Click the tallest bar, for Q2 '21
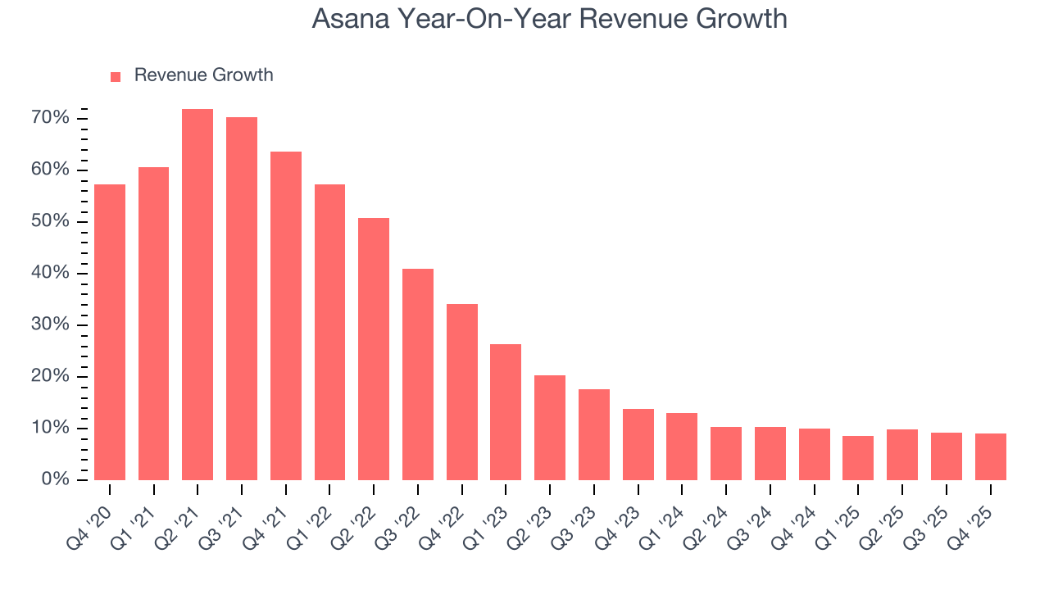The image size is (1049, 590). (198, 294)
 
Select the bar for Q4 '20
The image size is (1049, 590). (110, 332)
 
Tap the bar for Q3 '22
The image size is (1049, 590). (418, 374)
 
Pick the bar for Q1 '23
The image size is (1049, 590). (506, 412)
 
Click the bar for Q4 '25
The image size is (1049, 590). (990, 456)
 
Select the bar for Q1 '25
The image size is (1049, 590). (858, 458)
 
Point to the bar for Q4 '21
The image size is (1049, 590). (286, 315)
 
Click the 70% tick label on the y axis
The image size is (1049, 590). (50, 119)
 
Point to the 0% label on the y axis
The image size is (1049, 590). (55, 480)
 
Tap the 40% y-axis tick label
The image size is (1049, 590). (50, 274)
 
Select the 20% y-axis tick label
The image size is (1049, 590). (50, 377)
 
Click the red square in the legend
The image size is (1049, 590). (116, 76)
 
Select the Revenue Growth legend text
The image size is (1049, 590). (203, 75)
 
